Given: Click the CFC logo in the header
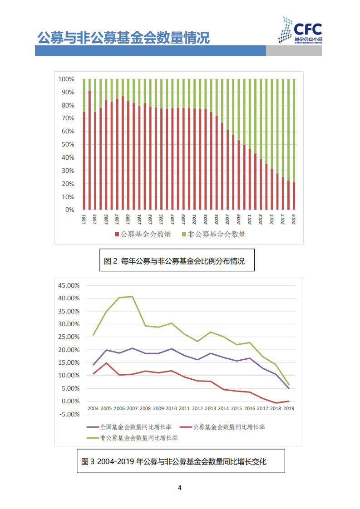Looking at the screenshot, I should coord(300,30).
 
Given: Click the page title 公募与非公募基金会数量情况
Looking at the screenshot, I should coord(123,38).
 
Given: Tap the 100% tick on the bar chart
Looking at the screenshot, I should coord(66,79).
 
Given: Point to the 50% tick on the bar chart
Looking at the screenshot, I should coord(68,145).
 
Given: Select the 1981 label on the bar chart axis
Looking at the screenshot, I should coord(84,219).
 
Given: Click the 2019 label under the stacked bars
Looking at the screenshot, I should coord(294,219).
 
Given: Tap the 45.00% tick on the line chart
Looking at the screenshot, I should coord(69,285).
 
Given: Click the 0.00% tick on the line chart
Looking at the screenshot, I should coord(71,401).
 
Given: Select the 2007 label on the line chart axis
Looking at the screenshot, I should coord(132,408).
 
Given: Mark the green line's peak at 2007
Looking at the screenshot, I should coord(132,297).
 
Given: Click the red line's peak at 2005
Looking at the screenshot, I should coord(106,363).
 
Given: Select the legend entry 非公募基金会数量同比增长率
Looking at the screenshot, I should coord(135,438).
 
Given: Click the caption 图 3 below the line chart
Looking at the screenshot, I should coord(174,462).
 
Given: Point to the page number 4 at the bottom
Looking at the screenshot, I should coord(180,488).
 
